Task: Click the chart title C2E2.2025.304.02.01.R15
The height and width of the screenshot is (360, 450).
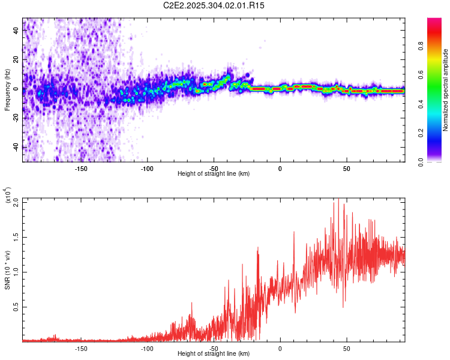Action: [x=214, y=5]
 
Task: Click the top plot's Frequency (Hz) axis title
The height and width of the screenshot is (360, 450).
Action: [x=7, y=89]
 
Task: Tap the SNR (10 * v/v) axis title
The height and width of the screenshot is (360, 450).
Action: [x=7, y=270]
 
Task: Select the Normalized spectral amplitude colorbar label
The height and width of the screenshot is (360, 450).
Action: [x=446, y=90]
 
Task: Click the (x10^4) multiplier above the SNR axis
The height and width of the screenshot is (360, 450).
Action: [x=8, y=196]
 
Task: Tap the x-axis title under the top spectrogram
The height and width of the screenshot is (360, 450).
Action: [x=214, y=174]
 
